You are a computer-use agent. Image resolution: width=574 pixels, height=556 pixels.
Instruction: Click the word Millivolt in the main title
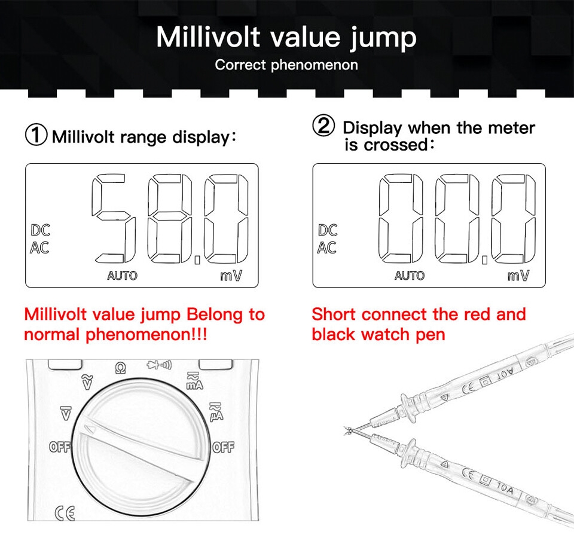208,36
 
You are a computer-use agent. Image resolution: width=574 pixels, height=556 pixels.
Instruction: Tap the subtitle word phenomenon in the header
315,65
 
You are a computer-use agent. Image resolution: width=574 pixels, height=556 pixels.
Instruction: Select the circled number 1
36,135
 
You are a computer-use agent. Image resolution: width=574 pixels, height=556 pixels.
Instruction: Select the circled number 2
323,125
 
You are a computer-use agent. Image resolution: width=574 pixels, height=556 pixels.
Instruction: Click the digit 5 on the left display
114,218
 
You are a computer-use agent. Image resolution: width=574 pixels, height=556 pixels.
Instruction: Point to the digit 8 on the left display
169,218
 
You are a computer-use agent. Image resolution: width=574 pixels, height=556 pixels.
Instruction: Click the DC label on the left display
40,230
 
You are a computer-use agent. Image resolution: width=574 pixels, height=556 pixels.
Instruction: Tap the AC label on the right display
327,248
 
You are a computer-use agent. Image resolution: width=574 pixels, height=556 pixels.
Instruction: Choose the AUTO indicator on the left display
122,276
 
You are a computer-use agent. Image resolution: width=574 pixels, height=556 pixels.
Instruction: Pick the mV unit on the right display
518,275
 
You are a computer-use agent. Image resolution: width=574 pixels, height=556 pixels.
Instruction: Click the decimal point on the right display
484,260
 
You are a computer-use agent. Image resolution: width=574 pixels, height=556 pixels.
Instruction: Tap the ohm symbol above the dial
120,368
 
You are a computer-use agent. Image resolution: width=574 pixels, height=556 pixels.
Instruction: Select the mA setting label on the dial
194,381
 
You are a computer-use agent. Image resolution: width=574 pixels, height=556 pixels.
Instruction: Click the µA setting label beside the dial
216,412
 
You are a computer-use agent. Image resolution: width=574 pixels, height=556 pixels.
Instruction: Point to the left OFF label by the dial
60,447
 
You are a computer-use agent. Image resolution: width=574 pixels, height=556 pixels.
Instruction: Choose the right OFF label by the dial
223,447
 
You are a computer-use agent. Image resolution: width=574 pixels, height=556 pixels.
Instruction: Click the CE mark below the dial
65,513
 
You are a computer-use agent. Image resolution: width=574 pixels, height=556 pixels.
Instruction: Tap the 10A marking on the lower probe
505,488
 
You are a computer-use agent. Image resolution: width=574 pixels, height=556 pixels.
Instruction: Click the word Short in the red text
334,314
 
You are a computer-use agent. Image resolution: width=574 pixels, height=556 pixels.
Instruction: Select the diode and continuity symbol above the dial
159,365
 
